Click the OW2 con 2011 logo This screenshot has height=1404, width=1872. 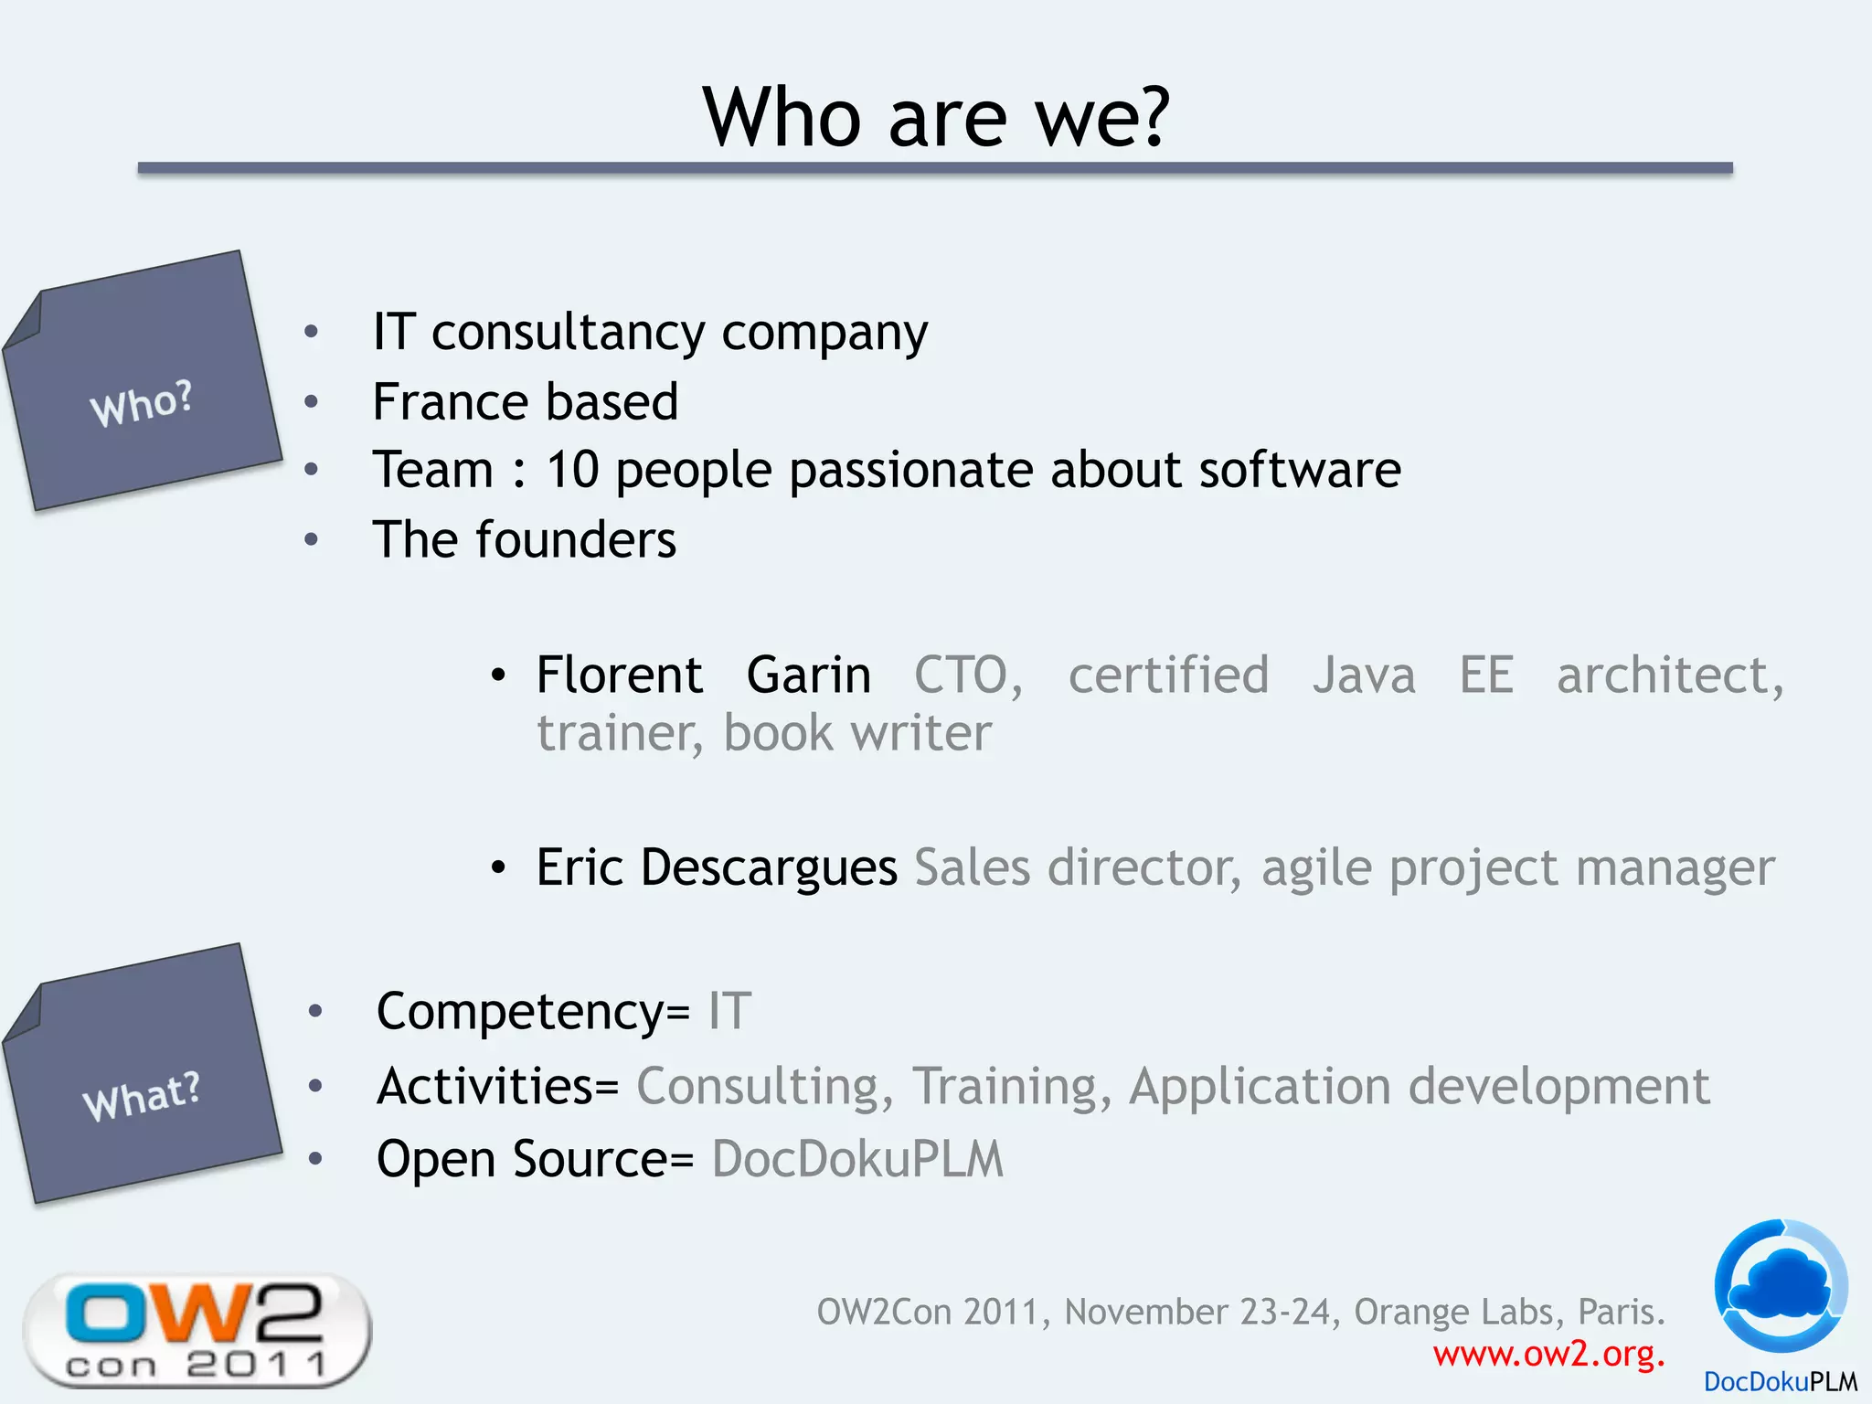click(x=197, y=1331)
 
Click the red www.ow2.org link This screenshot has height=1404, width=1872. click(x=1548, y=1354)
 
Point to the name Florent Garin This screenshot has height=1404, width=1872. click(x=703, y=675)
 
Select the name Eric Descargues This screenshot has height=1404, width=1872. click(x=716, y=867)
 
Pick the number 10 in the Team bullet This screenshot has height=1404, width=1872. click(x=572, y=470)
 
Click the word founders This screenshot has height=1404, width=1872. click(x=576, y=539)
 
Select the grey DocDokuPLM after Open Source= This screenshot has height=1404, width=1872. click(x=857, y=1159)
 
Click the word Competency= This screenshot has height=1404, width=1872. click(x=533, y=1012)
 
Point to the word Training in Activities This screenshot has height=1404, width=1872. click(x=1012, y=1087)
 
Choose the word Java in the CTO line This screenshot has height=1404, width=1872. click(x=1364, y=675)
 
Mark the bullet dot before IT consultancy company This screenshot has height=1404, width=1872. click(x=312, y=332)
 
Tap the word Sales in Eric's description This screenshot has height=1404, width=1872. click(x=972, y=867)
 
